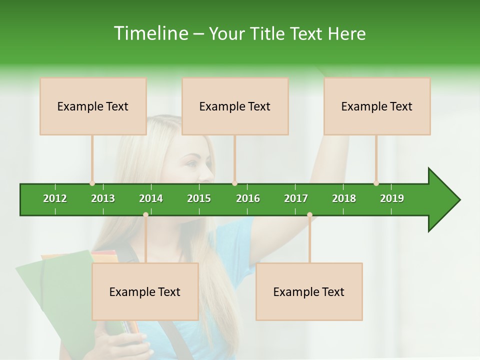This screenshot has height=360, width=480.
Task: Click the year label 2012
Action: pyautogui.click(x=55, y=198)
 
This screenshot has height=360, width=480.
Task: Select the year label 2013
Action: pyautogui.click(x=103, y=198)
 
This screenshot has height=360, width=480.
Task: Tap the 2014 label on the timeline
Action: pyautogui.click(x=151, y=198)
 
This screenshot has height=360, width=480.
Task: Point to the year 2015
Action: pyautogui.click(x=199, y=198)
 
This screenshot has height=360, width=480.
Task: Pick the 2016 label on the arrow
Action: pyautogui.click(x=248, y=198)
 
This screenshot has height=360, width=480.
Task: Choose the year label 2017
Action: pyautogui.click(x=296, y=198)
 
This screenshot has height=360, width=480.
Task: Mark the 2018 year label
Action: pyautogui.click(x=344, y=198)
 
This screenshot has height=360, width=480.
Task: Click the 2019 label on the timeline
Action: pyautogui.click(x=392, y=198)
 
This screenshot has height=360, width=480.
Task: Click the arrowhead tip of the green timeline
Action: pyautogui.click(x=459, y=200)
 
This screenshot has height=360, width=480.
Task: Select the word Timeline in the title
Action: pyautogui.click(x=150, y=33)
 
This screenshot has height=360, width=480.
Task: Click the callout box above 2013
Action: pyautogui.click(x=93, y=106)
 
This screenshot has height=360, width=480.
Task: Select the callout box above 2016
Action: pyautogui.click(x=235, y=106)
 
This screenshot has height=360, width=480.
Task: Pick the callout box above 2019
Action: pyautogui.click(x=377, y=106)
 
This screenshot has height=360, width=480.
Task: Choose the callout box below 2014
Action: pyautogui.click(x=145, y=291)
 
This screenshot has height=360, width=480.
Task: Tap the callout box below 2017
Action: pyautogui.click(x=309, y=291)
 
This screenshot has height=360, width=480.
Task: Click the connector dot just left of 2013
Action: pyautogui.click(x=92, y=183)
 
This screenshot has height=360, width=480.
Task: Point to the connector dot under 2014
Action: pyautogui.click(x=145, y=214)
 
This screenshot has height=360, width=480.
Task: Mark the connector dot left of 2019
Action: pyautogui.click(x=376, y=183)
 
